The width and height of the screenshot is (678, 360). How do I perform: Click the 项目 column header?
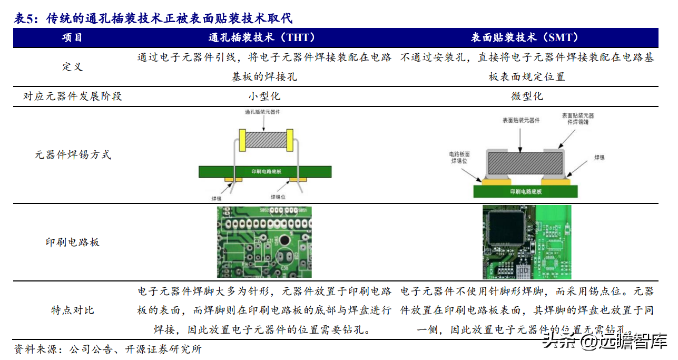point(73,37)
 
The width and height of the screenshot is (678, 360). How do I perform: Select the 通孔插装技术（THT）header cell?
point(262,37)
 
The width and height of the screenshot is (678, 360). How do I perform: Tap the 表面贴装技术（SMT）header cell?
point(525,37)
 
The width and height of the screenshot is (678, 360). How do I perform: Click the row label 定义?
point(73,67)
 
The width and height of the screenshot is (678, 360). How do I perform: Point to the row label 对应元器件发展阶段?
point(73,96)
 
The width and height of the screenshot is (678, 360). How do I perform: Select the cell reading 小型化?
point(264,96)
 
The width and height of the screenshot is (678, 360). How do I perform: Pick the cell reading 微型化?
point(527,96)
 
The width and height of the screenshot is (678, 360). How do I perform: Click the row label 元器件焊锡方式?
point(73,155)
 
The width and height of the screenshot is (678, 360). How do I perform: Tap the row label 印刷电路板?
point(73,242)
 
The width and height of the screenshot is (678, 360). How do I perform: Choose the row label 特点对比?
point(73,310)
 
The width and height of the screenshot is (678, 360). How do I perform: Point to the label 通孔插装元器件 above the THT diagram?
point(262,112)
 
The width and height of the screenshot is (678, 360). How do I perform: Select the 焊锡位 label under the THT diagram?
point(278,197)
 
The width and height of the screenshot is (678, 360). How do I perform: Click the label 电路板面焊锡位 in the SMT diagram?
point(459,157)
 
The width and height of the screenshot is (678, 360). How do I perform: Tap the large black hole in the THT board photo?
point(284,240)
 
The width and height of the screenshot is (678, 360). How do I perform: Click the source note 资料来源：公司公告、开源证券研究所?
point(107,349)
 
